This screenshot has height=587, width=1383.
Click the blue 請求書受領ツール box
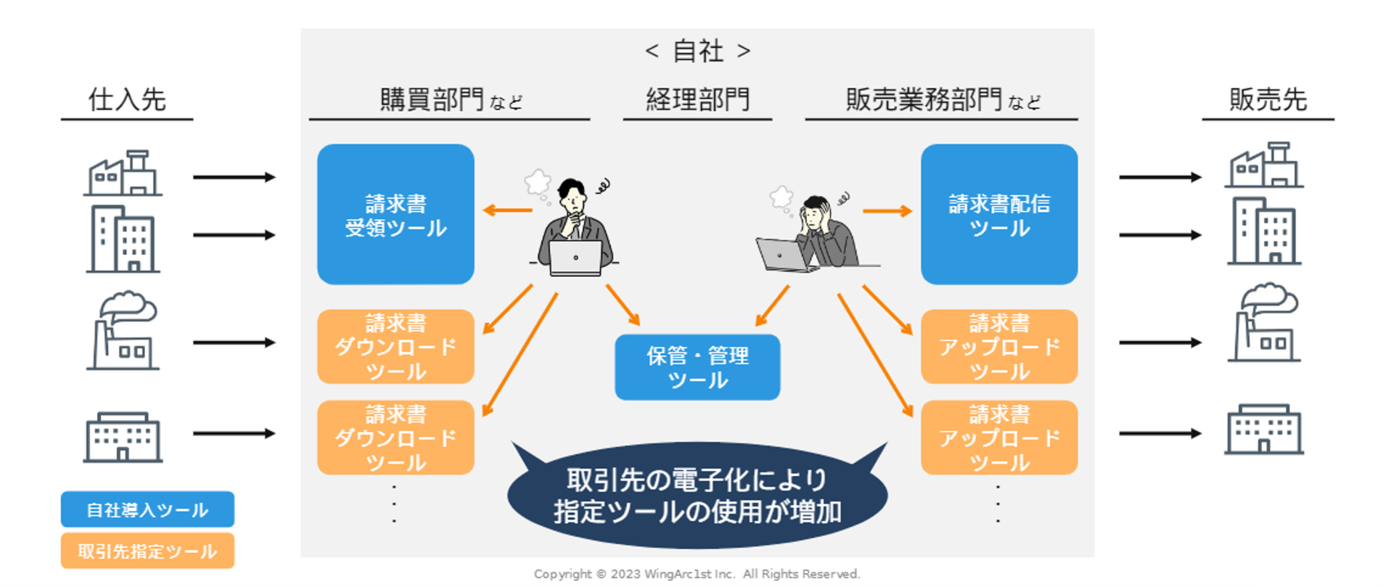(x=395, y=214)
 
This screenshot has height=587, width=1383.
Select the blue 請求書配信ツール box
(x=998, y=214)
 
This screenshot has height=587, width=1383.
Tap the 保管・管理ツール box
(x=697, y=367)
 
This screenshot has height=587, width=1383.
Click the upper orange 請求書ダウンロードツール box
(x=395, y=347)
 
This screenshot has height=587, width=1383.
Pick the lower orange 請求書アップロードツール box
(x=998, y=438)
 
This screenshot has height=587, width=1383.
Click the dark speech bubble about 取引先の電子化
(x=697, y=496)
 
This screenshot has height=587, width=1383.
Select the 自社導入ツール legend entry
(x=147, y=509)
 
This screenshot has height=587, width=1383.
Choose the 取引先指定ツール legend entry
(x=147, y=551)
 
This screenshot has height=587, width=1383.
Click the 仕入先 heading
(x=127, y=99)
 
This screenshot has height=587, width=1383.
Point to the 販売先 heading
(x=1267, y=99)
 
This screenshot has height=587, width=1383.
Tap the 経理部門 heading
(x=697, y=99)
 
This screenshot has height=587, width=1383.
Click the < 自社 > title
(x=697, y=51)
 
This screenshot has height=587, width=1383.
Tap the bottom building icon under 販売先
(x=1263, y=430)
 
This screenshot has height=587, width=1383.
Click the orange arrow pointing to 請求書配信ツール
(x=887, y=211)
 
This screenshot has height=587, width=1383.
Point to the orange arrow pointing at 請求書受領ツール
(x=508, y=210)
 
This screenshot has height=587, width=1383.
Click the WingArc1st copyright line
(x=697, y=574)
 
